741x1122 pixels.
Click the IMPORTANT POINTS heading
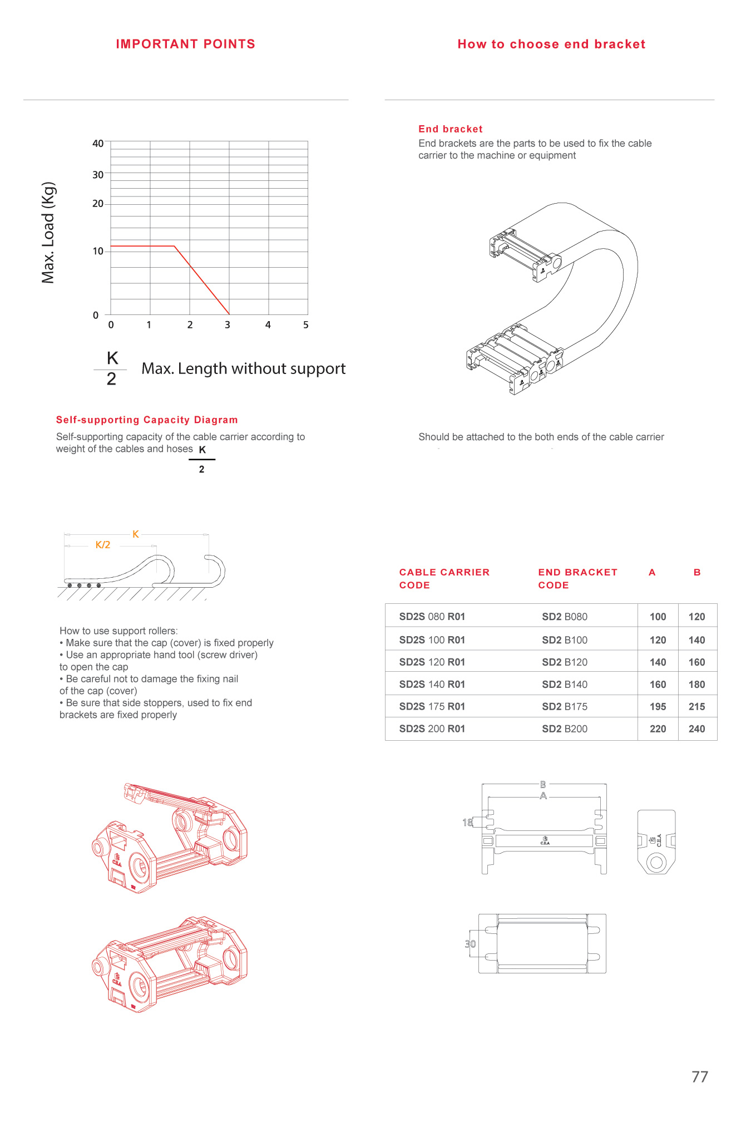pyautogui.click(x=185, y=45)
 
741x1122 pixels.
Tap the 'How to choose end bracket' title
pyautogui.click(x=551, y=45)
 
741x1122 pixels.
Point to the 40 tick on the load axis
pyautogui.click(x=98, y=144)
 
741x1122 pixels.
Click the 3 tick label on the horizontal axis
pyautogui.click(x=228, y=325)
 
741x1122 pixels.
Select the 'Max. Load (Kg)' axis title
pyautogui.click(x=48, y=233)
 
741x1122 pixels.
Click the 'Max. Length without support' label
pyautogui.click(x=243, y=368)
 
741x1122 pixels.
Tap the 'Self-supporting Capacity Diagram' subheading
pyautogui.click(x=147, y=420)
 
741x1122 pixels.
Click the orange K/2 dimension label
pyautogui.click(x=103, y=545)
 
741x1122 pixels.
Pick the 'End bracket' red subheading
pyautogui.click(x=451, y=129)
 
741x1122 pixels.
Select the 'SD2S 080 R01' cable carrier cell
pyautogui.click(x=432, y=617)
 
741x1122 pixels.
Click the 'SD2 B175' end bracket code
pyautogui.click(x=565, y=707)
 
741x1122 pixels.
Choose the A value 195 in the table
pyautogui.click(x=658, y=707)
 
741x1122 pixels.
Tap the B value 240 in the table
pyautogui.click(x=696, y=729)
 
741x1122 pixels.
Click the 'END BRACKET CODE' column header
pyautogui.click(x=577, y=579)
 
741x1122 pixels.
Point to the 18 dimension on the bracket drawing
pyautogui.click(x=467, y=823)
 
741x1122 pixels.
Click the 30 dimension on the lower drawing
pyautogui.click(x=470, y=944)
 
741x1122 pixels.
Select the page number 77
pyautogui.click(x=700, y=1077)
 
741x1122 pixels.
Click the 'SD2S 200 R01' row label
pyautogui.click(x=432, y=729)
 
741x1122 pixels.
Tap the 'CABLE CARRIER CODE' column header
pyautogui.click(x=444, y=579)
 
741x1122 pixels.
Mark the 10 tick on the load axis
pyautogui.click(x=98, y=252)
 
